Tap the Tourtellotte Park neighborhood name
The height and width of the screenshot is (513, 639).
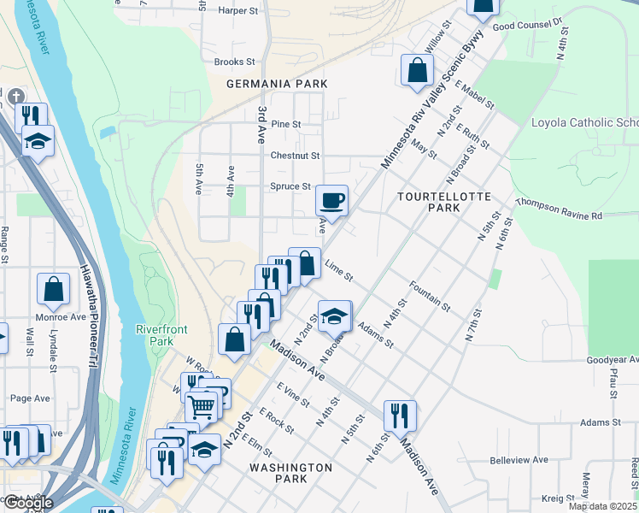444,202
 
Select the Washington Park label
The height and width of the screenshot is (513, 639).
290,474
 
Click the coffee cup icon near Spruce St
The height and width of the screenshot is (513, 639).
332,201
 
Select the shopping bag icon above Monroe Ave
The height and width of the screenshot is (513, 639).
53,290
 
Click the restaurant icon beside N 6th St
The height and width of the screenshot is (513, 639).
399,416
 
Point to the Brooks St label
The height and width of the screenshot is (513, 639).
234,62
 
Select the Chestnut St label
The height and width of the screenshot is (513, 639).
295,156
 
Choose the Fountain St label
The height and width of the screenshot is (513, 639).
429,295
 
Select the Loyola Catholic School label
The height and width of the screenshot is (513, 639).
584,122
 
